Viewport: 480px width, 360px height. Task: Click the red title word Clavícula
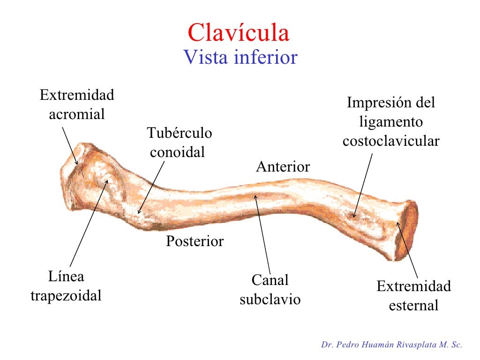click(239, 33)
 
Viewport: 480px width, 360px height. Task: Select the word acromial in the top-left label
click(77, 114)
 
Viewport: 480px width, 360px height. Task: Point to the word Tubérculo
click(179, 133)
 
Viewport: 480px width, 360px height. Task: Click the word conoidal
click(177, 152)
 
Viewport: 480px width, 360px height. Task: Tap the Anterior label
click(283, 167)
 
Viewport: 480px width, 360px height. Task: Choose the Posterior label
click(195, 241)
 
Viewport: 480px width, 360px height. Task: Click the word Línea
click(66, 277)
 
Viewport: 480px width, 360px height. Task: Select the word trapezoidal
click(66, 296)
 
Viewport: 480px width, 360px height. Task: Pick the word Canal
click(270, 280)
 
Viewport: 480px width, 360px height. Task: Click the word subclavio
click(270, 300)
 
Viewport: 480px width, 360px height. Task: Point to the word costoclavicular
click(391, 141)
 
